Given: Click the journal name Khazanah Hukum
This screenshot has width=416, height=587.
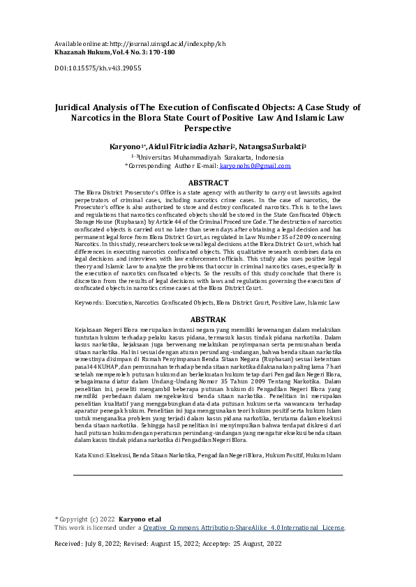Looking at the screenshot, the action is point(82,52).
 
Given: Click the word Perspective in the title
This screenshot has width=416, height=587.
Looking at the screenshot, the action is point(207,129).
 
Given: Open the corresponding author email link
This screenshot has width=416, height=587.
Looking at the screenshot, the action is point(255,167).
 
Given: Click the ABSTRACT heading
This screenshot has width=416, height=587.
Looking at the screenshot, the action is point(208,183).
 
